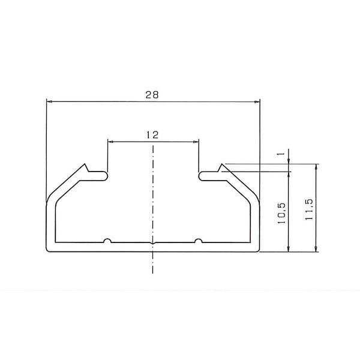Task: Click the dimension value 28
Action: click(x=152, y=95)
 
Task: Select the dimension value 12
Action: click(x=152, y=135)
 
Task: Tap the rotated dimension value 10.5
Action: click(x=281, y=214)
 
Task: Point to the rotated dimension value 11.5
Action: click(x=309, y=209)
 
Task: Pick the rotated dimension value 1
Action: click(x=281, y=154)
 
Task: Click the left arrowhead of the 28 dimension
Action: click(x=49, y=101)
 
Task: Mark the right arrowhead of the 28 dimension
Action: click(x=257, y=101)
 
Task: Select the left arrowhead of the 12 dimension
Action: click(x=110, y=142)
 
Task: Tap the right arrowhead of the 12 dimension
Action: click(x=196, y=142)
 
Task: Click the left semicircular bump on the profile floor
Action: click(x=107, y=241)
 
